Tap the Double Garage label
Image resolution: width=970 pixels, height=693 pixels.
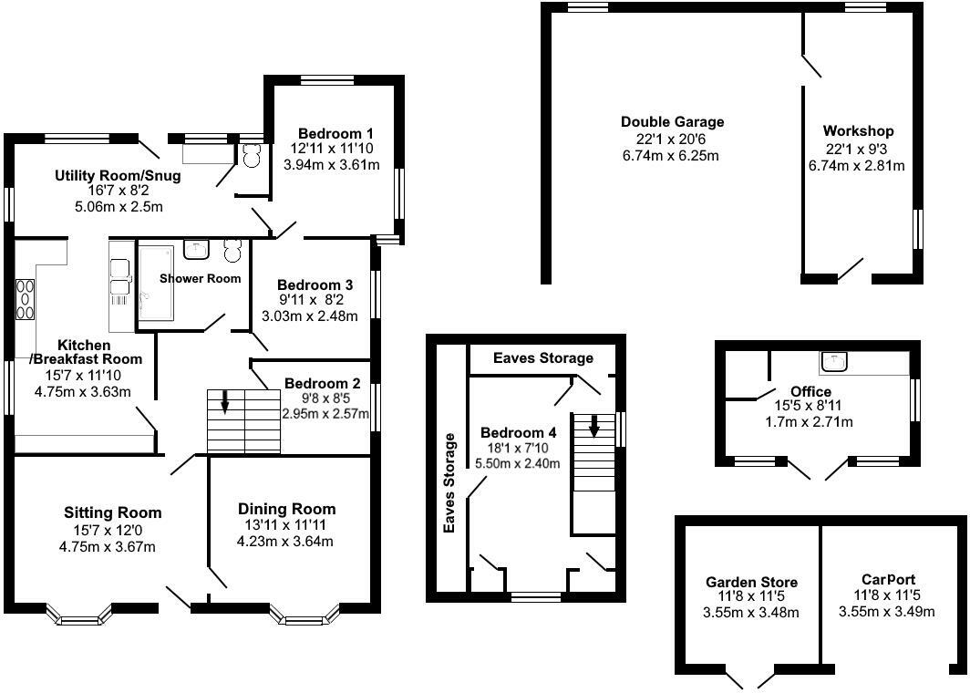[672, 122]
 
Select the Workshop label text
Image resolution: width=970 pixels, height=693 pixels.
[857, 131]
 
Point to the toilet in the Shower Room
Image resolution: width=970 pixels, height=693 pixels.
[231, 251]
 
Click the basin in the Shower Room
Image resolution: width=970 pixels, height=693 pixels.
[196, 249]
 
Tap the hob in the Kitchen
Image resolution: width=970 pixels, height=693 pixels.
[25, 299]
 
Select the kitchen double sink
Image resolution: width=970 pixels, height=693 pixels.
[119, 280]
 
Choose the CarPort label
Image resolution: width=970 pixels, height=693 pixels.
[888, 579]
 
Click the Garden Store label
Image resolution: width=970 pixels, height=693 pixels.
[751, 582]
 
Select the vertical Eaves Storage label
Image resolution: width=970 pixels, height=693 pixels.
[449, 483]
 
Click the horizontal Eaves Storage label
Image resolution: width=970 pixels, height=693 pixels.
[542, 358]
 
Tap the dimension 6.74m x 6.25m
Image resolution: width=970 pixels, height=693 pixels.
[672, 155]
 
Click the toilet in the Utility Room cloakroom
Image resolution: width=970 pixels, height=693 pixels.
[251, 156]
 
